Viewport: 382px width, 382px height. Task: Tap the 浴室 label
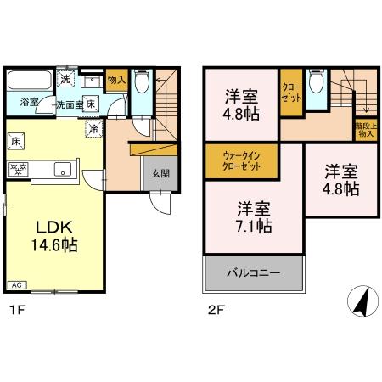[x=29, y=103]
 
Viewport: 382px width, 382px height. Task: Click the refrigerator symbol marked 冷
[x=94, y=129]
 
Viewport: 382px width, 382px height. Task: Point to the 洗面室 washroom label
[x=70, y=104]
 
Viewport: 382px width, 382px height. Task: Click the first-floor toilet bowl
[x=142, y=82]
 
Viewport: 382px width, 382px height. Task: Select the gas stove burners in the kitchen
[x=19, y=168]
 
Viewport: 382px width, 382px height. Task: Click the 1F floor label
[x=15, y=310]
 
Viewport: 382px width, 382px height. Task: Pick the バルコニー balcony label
[x=253, y=273]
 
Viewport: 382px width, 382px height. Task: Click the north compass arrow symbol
[x=360, y=299]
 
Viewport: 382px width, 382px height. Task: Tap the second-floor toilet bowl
[x=316, y=82]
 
